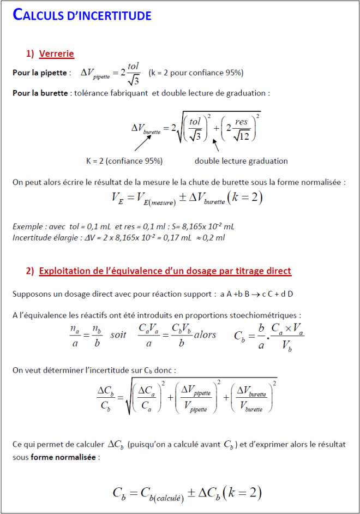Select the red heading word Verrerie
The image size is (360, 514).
[56, 53]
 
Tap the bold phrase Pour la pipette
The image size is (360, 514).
[40, 73]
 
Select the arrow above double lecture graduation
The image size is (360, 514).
[216, 145]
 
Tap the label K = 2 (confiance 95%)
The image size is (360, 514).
[124, 161]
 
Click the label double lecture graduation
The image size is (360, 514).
[241, 161]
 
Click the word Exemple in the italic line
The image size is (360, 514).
[28, 226]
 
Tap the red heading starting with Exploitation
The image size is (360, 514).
[165, 271]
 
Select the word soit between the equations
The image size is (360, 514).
[118, 334]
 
